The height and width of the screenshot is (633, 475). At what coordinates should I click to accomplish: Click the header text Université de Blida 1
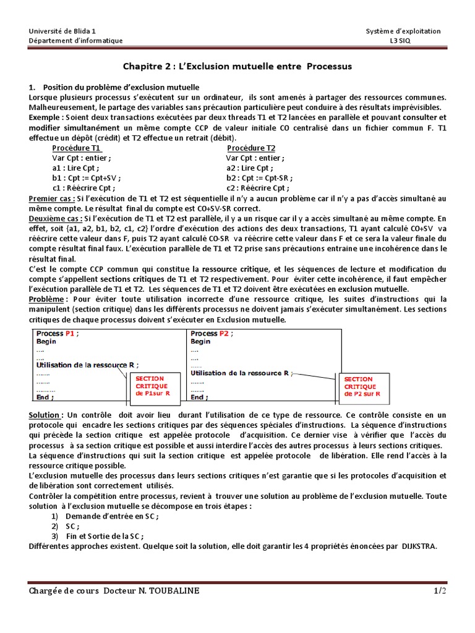point(62,31)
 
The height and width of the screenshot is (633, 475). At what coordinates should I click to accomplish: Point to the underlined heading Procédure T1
point(77,148)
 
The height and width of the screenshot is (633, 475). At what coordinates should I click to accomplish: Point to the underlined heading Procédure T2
point(251,148)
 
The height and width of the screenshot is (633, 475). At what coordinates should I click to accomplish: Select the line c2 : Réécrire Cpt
point(257,188)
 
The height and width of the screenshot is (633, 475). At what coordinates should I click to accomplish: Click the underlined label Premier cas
point(52,198)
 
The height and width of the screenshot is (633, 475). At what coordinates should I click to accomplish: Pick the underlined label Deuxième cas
point(55,218)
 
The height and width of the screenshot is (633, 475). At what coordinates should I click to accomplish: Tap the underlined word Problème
point(47,299)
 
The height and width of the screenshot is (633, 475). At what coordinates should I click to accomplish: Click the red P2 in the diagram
point(225,333)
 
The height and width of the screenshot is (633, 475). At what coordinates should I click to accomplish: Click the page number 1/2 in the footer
point(439,592)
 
